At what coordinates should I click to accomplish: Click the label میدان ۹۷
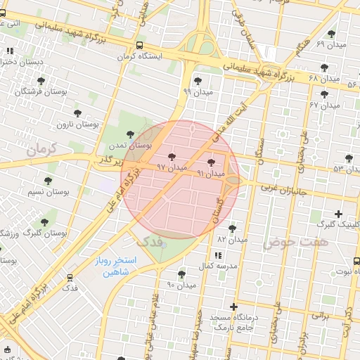pos(172,167)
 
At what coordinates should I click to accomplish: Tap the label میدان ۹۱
pos(211,173)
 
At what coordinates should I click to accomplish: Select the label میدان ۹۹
pos(198,91)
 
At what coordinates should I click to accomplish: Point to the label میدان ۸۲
pos(233,239)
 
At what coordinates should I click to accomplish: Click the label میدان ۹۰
pos(181,285)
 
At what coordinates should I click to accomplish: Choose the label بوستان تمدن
pos(129,144)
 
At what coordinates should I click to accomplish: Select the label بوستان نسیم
pos(47,192)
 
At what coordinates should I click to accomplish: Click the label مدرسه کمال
pos(216,265)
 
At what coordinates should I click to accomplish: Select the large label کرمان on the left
pos(44,150)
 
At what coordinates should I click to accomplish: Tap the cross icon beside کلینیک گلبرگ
pos(339,214)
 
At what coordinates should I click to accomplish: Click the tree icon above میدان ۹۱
pos(212,162)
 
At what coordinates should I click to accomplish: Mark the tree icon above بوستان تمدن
pos(129,133)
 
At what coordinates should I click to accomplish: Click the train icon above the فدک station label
pos(70,278)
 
